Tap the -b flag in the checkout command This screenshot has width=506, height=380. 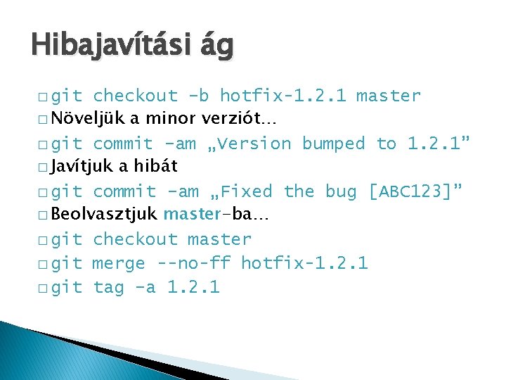point(199,96)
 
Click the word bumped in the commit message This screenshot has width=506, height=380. point(333,144)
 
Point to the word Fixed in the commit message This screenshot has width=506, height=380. point(245,191)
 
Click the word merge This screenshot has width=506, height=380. point(119,264)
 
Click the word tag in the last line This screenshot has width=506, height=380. point(108,288)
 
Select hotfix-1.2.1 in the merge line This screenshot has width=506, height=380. point(304,264)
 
